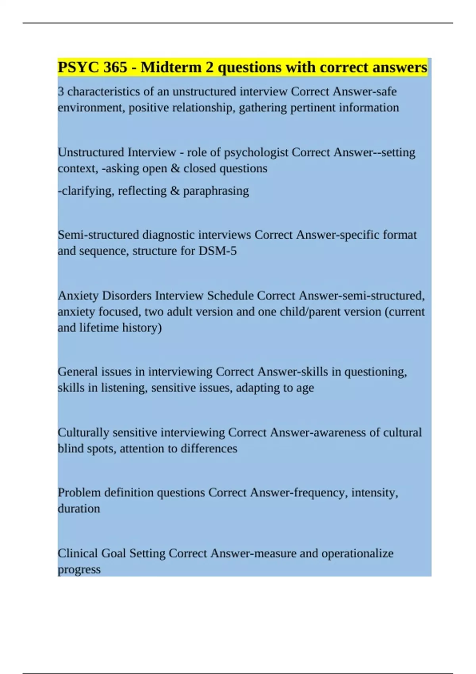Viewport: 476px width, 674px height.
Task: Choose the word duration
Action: (79, 509)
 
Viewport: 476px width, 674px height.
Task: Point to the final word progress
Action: (79, 570)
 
